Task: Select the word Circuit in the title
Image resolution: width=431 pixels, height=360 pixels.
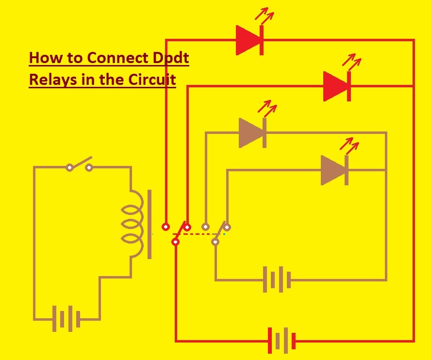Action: pyautogui.click(x=152, y=79)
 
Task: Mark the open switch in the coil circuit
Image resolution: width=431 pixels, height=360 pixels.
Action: pyautogui.click(x=79, y=165)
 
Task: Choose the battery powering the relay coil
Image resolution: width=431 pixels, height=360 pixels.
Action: pyautogui.click(x=66, y=319)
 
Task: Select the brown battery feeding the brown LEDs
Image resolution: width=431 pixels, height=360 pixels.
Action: pyautogui.click(x=277, y=280)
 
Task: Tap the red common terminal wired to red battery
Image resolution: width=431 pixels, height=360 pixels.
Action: pyautogui.click(x=176, y=242)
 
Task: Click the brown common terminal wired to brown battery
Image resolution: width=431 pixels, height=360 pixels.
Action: pyautogui.click(x=215, y=241)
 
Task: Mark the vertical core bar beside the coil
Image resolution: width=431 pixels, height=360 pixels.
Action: pyautogui.click(x=149, y=224)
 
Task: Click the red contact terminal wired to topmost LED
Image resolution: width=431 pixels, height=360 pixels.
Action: pyautogui.click(x=166, y=227)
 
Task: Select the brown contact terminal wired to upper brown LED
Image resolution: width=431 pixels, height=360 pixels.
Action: pyautogui.click(x=206, y=227)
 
